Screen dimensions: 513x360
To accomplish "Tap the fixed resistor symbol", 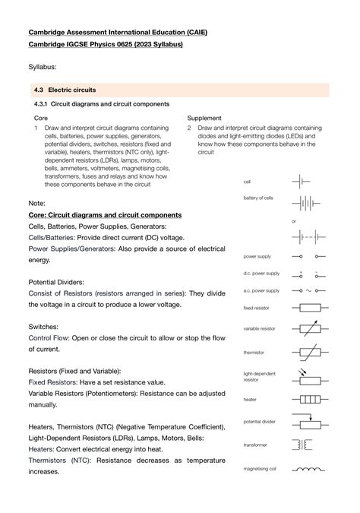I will point(310,308).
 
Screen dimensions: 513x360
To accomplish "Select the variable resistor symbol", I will point(310,331).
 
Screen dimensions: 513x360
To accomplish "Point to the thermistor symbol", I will point(310,353).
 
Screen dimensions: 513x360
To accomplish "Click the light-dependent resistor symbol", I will point(310,377).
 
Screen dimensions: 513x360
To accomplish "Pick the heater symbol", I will point(310,399).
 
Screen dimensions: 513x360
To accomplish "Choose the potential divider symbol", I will point(310,423).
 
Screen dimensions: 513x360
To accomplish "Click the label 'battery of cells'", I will point(257,198).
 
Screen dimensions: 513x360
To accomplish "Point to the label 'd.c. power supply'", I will point(261,273).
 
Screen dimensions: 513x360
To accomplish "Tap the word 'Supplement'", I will point(204,118).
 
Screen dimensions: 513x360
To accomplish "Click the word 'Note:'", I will point(37,204).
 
